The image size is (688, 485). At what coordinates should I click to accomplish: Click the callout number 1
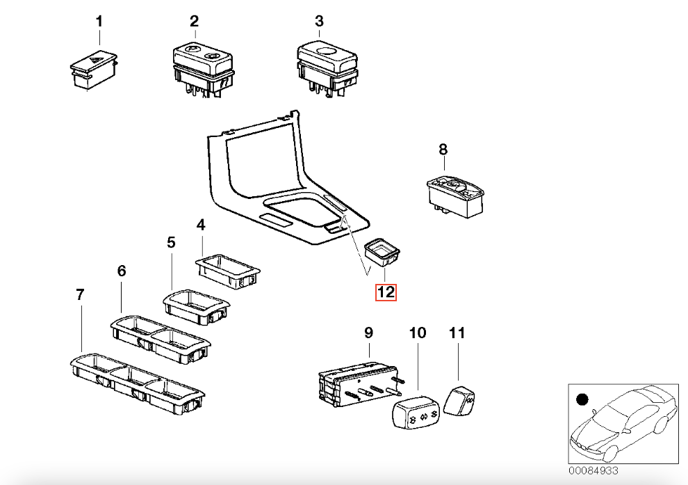(99, 22)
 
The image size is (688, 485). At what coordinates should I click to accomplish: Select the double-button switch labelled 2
(199, 67)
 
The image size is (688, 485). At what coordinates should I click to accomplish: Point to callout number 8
(443, 149)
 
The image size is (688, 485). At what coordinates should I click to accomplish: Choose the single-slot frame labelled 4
(227, 268)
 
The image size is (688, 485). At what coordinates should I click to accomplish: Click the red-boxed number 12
(386, 292)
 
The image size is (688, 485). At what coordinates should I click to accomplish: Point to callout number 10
(417, 333)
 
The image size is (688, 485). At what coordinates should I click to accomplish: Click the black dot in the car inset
(582, 399)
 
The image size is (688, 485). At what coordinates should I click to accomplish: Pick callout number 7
(80, 295)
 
